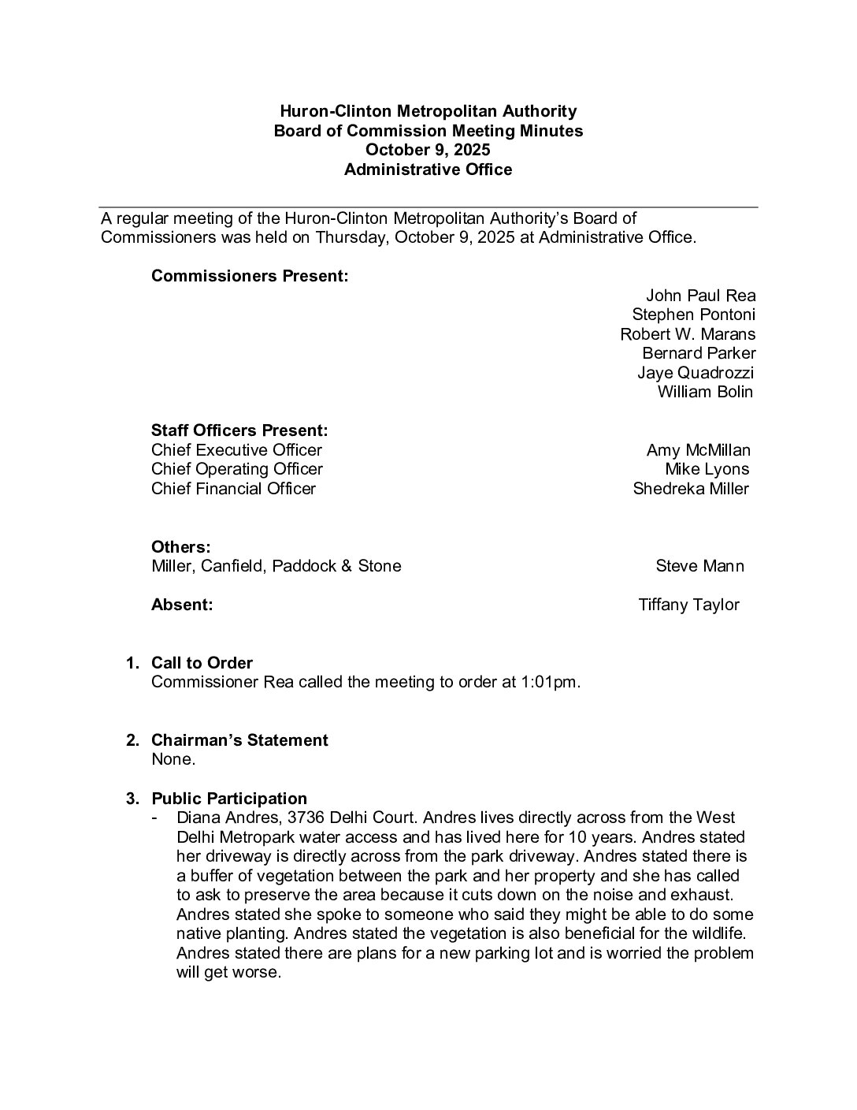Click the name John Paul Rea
coord(700,296)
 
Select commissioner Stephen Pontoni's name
coord(693,315)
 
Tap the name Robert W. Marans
coord(687,334)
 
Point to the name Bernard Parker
coord(699,353)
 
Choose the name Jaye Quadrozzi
coord(696,373)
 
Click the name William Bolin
coord(705,392)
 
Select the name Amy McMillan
coord(698,450)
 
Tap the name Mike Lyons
coord(707,469)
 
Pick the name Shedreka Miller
coord(691,489)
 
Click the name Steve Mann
coord(699,566)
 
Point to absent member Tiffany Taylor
coord(688,605)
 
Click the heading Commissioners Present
coord(250,277)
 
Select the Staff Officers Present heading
coord(239,431)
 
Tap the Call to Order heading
coord(202,663)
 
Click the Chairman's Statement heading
coord(239,740)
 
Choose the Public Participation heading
coord(229,799)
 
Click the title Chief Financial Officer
coord(233,489)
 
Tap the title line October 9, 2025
coord(428,150)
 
